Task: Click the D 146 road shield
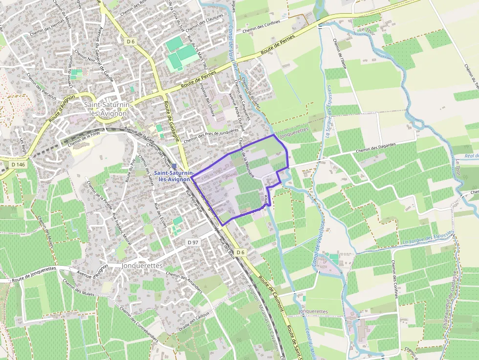18,165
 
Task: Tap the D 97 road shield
193,242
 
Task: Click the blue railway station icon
174,167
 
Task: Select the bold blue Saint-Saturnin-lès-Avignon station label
173,176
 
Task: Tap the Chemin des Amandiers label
184,282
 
